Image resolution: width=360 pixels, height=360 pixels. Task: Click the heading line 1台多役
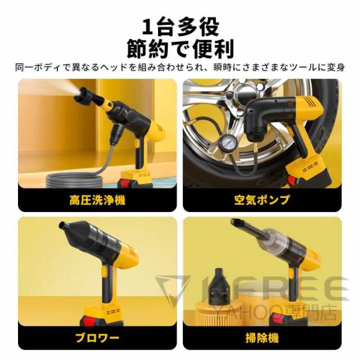pyautogui.click(x=180, y=26)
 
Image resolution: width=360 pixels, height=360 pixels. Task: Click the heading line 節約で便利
pyautogui.click(x=180, y=49)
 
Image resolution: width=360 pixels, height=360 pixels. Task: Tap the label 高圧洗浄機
pyautogui.click(x=97, y=200)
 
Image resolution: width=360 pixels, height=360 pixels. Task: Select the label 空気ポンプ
pyautogui.click(x=262, y=200)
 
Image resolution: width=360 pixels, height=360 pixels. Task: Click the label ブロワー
pyautogui.click(x=97, y=338)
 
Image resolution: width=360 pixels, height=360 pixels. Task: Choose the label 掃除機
pyautogui.click(x=262, y=338)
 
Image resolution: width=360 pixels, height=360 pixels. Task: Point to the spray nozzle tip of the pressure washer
pyautogui.click(x=79, y=96)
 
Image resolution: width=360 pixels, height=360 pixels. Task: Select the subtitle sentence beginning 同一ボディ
pyautogui.click(x=180, y=68)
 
